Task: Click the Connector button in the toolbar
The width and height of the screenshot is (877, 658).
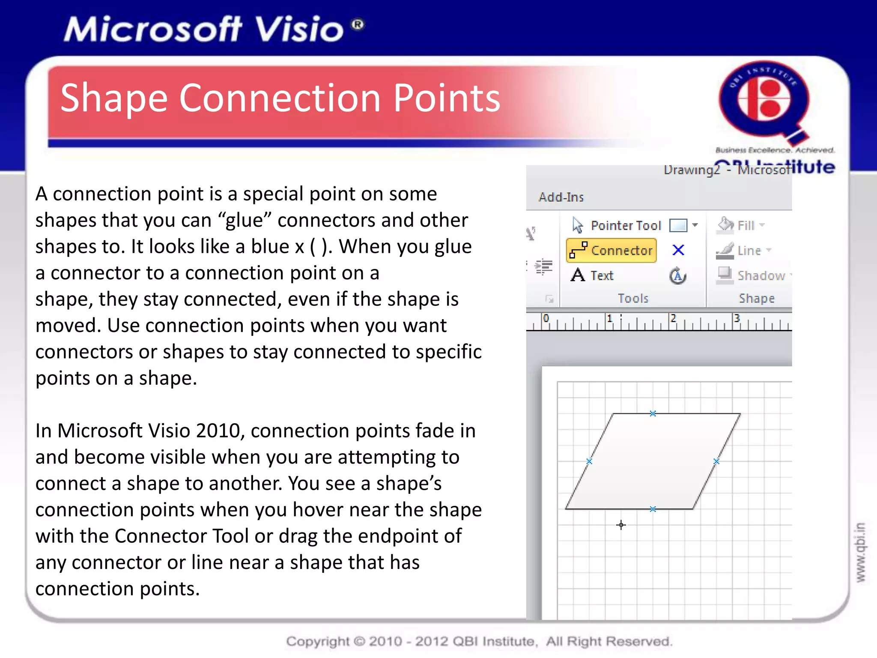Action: tap(612, 250)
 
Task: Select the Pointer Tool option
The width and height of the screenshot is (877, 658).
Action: tap(617, 225)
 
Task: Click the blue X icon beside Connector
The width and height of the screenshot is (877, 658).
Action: tap(678, 250)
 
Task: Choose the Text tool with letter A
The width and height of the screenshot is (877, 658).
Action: tap(593, 275)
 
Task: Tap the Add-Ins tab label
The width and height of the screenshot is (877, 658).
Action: tap(561, 197)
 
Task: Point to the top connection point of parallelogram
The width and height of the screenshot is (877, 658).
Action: tap(653, 413)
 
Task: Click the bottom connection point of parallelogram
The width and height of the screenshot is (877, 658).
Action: tap(653, 509)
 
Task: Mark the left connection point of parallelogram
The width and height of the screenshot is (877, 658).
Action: tap(589, 461)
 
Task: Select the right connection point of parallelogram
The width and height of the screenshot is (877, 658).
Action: tap(716, 461)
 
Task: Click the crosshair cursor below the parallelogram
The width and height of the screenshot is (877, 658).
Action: tap(621, 525)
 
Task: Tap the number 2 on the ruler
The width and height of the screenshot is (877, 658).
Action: tap(673, 318)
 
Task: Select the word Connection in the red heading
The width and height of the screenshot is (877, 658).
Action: tap(279, 99)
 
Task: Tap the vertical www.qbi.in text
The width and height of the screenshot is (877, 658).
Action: tap(860, 552)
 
